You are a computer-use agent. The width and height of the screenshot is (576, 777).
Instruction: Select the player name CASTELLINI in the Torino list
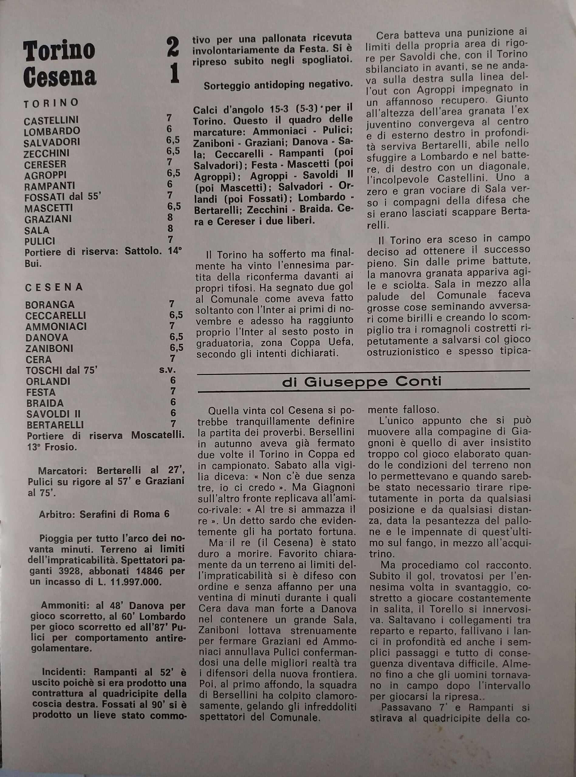click(x=51, y=120)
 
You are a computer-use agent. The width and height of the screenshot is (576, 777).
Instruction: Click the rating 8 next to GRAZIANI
click(x=170, y=218)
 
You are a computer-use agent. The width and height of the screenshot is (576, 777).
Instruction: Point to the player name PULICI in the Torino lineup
click(x=40, y=241)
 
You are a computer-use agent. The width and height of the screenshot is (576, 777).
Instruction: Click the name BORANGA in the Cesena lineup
click(x=50, y=305)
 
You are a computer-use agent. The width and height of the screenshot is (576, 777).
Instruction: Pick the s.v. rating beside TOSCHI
click(x=167, y=370)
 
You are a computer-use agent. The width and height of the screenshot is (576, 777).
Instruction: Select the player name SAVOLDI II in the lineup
click(x=53, y=414)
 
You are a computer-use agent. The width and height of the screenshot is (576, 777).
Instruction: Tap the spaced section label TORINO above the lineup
click(x=51, y=103)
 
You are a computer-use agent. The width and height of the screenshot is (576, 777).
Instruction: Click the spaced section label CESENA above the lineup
click(x=54, y=287)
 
